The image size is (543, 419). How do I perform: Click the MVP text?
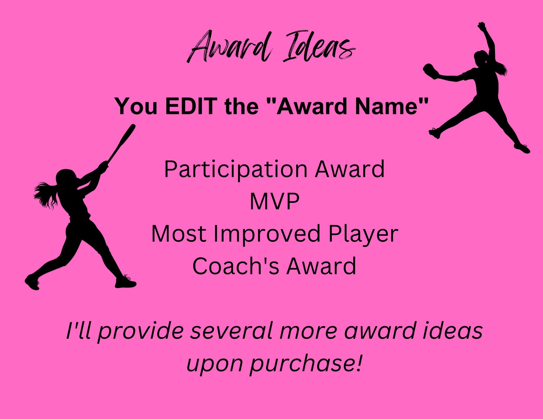point(275,201)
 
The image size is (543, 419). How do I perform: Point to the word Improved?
point(267,234)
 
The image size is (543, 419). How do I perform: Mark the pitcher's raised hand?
point(482,26)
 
